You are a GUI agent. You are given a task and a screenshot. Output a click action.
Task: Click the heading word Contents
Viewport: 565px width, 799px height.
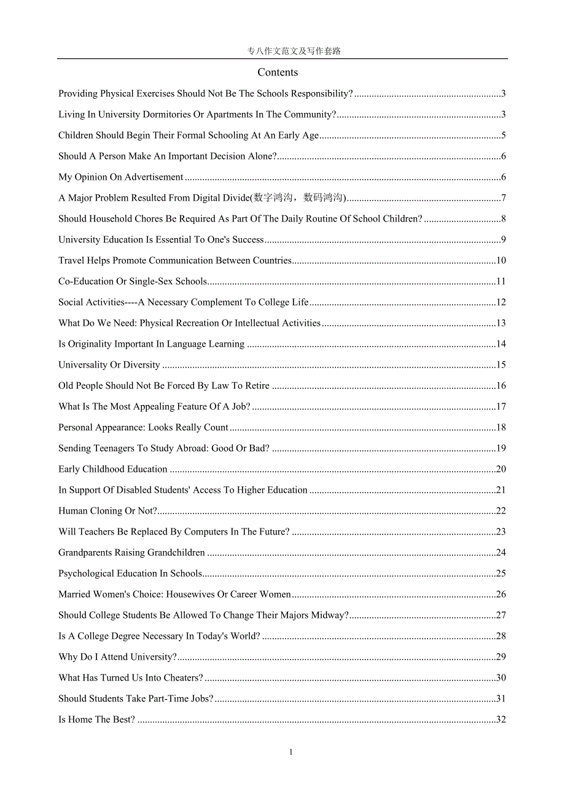[x=278, y=72]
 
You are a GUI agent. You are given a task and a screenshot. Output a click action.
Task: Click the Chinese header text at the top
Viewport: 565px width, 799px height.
[x=294, y=52]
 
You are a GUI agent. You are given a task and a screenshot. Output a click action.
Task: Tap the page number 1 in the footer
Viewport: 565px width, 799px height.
[x=291, y=752]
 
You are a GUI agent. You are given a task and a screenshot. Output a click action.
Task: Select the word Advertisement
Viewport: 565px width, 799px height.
[x=154, y=177]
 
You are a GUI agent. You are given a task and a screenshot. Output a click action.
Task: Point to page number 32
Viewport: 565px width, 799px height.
[x=501, y=720]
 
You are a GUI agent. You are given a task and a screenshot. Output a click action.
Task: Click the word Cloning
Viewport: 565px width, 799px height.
[x=106, y=511]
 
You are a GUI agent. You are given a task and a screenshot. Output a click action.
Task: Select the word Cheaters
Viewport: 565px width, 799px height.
[x=183, y=678]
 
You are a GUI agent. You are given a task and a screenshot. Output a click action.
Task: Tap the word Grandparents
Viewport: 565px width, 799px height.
[x=85, y=553]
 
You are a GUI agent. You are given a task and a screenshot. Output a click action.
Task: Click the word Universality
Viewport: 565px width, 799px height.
[x=83, y=365]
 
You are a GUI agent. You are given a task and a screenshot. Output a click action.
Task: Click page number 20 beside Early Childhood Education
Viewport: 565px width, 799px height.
[x=501, y=469]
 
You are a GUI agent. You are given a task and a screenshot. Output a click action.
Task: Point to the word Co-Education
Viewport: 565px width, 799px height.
[x=83, y=282]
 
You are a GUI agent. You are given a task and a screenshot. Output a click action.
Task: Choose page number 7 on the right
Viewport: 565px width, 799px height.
[x=503, y=198]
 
